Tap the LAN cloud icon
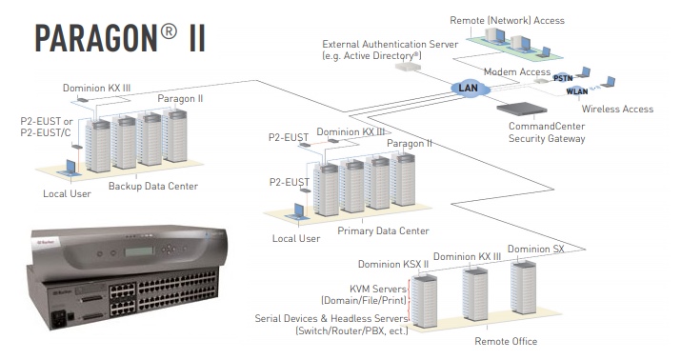click(x=468, y=89)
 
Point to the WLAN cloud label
click(x=577, y=92)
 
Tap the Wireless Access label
click(x=617, y=110)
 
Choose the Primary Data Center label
click(x=383, y=231)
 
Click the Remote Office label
click(x=506, y=341)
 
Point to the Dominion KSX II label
click(x=392, y=264)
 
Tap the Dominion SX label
click(x=534, y=250)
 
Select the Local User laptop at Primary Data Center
click(x=299, y=212)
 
